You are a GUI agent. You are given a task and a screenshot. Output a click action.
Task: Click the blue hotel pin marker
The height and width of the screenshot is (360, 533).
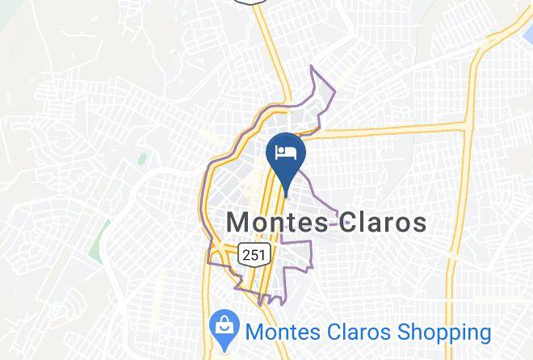(x=285, y=153)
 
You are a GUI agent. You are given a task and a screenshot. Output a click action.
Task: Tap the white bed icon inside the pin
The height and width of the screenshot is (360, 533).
(x=285, y=151)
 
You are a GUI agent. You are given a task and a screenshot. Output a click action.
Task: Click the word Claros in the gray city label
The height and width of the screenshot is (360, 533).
(x=380, y=222)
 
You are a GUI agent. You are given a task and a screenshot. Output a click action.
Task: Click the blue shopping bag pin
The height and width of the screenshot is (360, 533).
(x=221, y=329)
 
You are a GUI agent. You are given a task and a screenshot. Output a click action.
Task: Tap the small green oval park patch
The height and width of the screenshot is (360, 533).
(x=142, y=158)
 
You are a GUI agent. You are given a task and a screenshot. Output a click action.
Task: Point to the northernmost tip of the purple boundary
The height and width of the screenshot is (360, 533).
(x=313, y=68)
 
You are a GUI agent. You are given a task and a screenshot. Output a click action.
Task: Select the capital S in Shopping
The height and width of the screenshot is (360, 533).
(x=402, y=332)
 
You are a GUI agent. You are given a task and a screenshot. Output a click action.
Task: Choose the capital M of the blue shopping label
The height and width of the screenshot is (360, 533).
(x=253, y=332)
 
